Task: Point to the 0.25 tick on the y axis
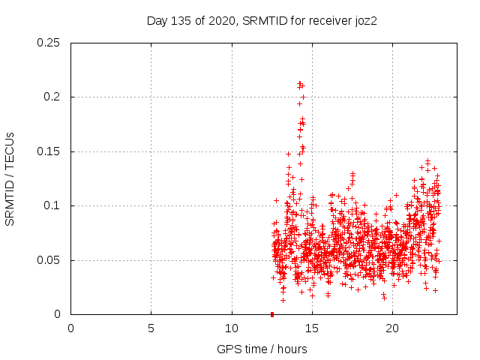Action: point(49,43)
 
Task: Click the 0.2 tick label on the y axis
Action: point(52,97)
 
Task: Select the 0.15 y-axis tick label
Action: point(49,151)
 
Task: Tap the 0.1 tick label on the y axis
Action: point(52,205)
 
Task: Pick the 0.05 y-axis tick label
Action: point(49,260)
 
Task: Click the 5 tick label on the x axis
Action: point(151,328)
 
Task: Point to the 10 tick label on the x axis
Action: point(231,328)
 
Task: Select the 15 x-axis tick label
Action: point(311,328)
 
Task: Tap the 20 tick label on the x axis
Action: point(391,328)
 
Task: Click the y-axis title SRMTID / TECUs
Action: point(10,178)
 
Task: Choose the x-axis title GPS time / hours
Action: point(262,349)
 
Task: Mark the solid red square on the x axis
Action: point(271,314)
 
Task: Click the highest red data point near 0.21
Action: point(299,82)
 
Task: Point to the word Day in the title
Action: point(156,20)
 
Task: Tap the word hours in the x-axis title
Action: point(291,349)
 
